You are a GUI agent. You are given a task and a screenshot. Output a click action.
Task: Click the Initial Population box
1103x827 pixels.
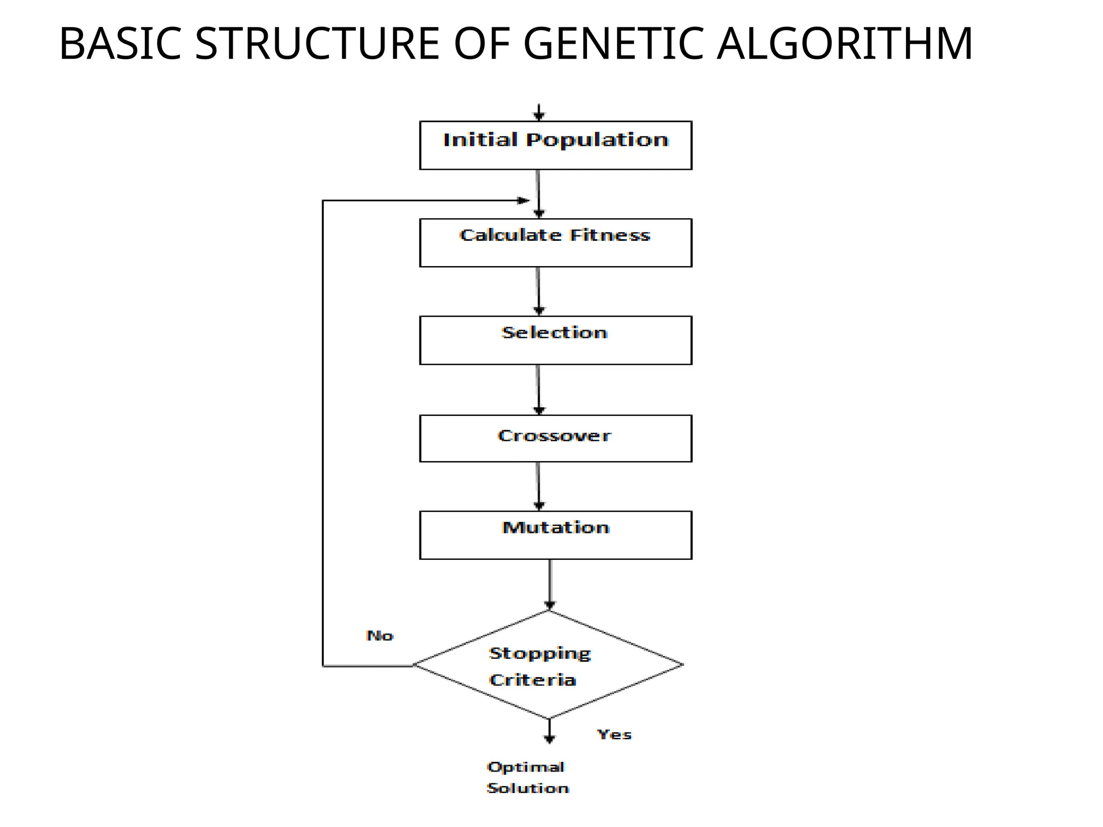coord(555,145)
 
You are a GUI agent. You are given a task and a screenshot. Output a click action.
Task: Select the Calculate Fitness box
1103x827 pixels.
coord(555,242)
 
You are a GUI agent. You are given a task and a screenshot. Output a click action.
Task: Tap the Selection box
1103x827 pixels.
coord(555,340)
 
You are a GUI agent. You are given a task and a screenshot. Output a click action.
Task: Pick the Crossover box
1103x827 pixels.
coord(555,438)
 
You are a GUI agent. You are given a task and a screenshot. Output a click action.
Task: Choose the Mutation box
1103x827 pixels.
coord(555,535)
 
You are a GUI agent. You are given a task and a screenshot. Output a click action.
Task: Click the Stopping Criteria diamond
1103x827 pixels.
coord(548,665)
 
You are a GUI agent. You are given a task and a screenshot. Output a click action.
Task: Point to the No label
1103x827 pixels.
coord(380,636)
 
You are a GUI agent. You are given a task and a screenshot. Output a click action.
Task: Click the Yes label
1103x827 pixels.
coord(614,734)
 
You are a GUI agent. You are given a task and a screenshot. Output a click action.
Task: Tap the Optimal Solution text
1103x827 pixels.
coord(527,777)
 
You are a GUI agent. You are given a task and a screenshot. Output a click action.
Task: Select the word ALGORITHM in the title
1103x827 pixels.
coord(844,44)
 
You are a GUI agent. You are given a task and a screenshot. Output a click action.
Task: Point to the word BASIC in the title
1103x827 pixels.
coord(120,44)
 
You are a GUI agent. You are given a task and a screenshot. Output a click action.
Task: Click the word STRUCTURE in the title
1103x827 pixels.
coord(317,44)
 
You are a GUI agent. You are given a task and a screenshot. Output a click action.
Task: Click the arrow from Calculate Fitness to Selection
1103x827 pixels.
coord(539,291)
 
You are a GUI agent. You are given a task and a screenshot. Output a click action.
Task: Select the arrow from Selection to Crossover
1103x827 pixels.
coord(539,389)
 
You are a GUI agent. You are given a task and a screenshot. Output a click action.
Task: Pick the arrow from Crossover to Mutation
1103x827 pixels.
coord(539,486)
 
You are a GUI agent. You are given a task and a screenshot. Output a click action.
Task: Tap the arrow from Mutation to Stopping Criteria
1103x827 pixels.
coord(549,585)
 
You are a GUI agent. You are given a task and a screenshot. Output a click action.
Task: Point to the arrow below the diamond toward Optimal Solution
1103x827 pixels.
coord(549,732)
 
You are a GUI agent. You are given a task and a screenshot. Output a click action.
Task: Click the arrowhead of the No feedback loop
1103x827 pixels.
coord(523,200)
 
